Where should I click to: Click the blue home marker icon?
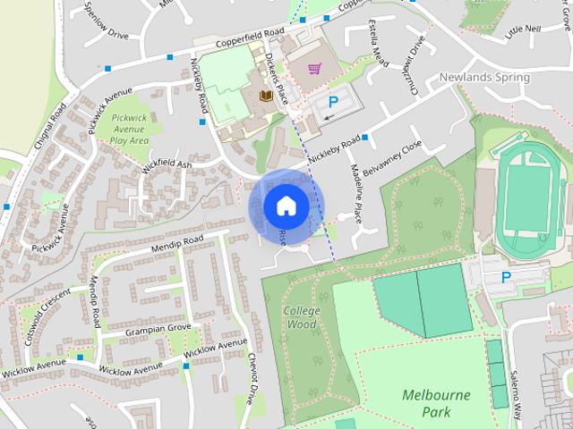tap(286, 206)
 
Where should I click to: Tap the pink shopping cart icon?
tap(314, 69)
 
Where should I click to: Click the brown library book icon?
tap(266, 96)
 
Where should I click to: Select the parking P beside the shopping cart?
tap(334, 103)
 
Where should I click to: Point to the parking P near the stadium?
tap(506, 278)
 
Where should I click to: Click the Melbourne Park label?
tap(437, 402)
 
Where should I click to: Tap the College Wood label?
tap(300, 317)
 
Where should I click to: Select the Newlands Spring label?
tap(483, 78)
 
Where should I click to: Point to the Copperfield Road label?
tap(245, 38)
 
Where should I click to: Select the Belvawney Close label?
tap(398, 157)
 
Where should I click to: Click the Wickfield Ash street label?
tap(167, 167)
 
